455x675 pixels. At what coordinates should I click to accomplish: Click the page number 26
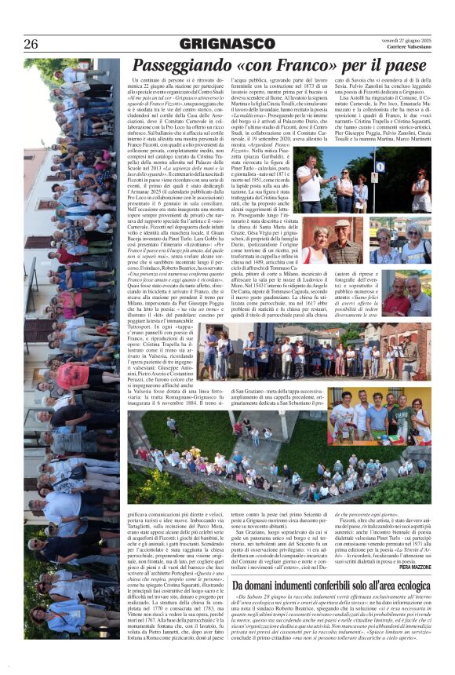coord(31,44)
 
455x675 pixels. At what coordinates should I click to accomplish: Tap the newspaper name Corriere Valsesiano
coord(409,48)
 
